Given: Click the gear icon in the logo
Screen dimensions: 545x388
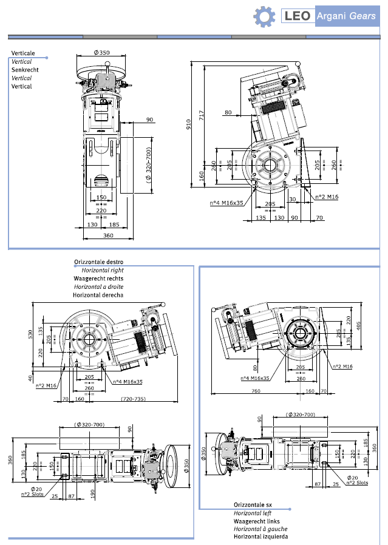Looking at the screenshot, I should (264, 16).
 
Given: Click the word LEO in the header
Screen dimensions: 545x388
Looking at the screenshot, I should (298, 16).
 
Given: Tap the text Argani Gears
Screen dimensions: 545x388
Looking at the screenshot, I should (345, 16).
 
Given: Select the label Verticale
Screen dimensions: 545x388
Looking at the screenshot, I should (23, 53).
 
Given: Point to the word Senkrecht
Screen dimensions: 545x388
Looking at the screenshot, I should (24, 70).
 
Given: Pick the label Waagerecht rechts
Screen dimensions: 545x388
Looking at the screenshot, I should (98, 279).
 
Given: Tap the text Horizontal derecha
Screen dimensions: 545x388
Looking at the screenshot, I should (98, 295).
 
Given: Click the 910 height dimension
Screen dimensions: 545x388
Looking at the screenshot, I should (188, 124).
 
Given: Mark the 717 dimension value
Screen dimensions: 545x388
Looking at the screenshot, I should (202, 113).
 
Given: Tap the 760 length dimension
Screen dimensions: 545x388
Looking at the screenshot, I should (256, 391).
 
